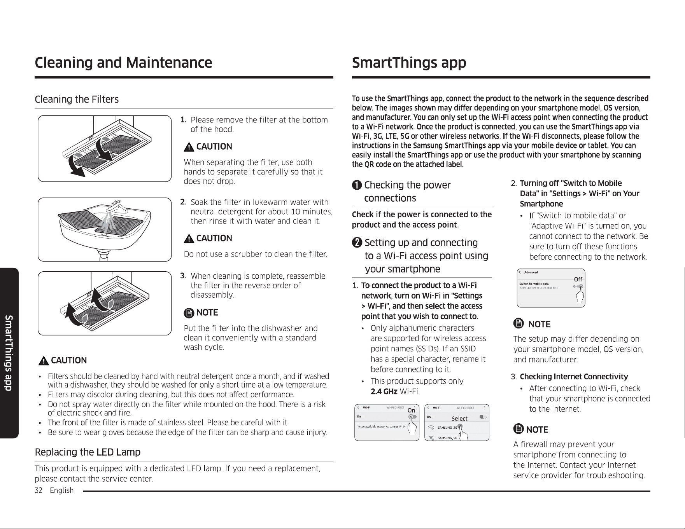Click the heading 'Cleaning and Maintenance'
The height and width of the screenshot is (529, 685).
pyautogui.click(x=123, y=63)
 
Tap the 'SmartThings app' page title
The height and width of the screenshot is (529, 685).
pyautogui.click(x=409, y=63)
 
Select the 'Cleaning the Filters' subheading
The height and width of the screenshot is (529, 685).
pyautogui.click(x=77, y=100)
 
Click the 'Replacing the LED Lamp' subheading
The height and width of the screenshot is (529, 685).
pyautogui.click(x=88, y=452)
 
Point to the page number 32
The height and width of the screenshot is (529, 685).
pyautogui.click(x=38, y=491)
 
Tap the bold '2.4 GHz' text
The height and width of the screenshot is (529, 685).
pyautogui.click(x=384, y=391)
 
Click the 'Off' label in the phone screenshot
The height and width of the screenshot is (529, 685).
pyautogui.click(x=578, y=279)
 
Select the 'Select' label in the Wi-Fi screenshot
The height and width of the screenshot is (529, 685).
pyautogui.click(x=459, y=419)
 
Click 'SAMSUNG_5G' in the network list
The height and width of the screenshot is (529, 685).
pyautogui.click(x=447, y=438)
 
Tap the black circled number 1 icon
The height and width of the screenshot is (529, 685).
pyautogui.click(x=357, y=185)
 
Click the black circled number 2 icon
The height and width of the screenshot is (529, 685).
pyautogui.click(x=357, y=243)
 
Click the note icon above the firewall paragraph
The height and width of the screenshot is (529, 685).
pyautogui.click(x=518, y=429)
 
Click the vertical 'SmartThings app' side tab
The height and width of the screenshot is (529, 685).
pyautogui.click(x=9, y=353)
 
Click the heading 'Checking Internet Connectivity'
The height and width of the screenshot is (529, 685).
pyautogui.click(x=574, y=377)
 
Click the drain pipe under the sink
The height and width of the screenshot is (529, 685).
pyautogui.click(x=104, y=256)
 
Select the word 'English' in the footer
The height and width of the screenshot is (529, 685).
pyautogui.click(x=62, y=491)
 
